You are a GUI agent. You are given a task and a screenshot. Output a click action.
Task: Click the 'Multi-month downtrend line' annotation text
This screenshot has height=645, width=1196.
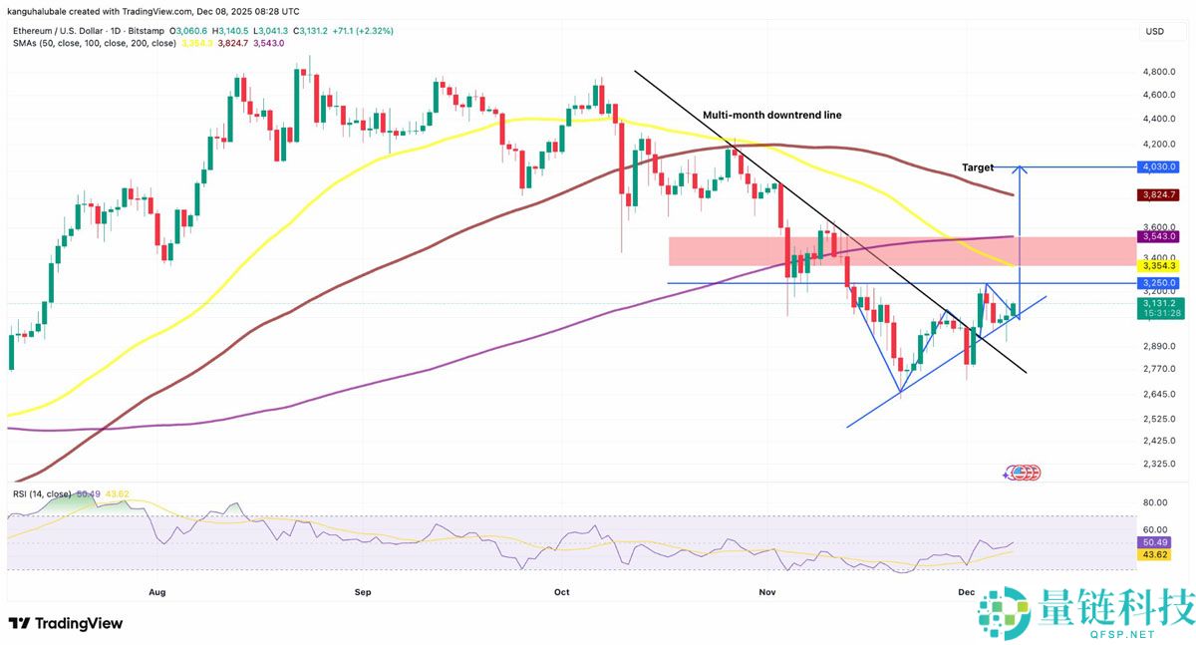tap(771, 116)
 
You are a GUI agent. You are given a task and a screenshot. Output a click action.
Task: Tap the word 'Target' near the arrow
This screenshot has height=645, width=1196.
tap(978, 167)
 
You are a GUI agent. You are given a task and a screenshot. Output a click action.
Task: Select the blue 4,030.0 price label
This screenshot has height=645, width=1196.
tap(1157, 166)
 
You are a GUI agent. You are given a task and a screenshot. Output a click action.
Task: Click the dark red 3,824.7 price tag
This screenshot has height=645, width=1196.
tap(1157, 195)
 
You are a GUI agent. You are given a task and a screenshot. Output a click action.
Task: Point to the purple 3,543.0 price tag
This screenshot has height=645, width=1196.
tap(1157, 236)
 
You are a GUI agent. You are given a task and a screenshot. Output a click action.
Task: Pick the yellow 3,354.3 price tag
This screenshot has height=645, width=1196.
tap(1157, 265)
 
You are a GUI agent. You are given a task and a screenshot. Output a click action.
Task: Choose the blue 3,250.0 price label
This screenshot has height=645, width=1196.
tap(1157, 283)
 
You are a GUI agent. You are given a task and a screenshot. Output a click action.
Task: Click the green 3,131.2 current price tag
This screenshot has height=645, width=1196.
tap(1157, 303)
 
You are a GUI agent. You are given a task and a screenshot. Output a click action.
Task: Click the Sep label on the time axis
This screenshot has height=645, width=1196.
tap(363, 591)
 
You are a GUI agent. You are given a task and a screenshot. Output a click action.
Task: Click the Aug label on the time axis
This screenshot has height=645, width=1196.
tap(156, 591)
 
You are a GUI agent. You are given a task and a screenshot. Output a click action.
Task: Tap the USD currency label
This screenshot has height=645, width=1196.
tap(1155, 32)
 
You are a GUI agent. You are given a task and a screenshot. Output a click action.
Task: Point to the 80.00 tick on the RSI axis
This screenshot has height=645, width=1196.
tap(1156, 502)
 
